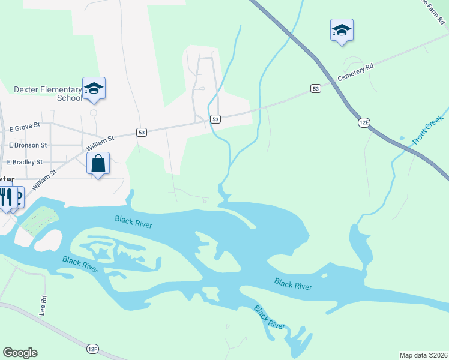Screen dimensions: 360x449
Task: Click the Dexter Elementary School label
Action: pyautogui.click(x=47, y=94)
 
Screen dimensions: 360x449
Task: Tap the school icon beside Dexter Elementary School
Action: pyautogui.click(x=94, y=89)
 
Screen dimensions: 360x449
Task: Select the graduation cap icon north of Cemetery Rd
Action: pyautogui.click(x=342, y=31)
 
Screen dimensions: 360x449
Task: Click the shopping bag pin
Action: pyautogui.click(x=98, y=163)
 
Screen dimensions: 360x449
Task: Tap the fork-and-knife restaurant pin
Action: pyautogui.click(x=6, y=197)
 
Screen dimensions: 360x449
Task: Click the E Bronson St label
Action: pyautogui.click(x=28, y=145)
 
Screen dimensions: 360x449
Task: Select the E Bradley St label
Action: pyautogui.click(x=25, y=162)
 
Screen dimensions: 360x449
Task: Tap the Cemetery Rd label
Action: pyautogui.click(x=355, y=72)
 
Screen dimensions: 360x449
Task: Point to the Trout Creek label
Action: pyautogui.click(x=427, y=130)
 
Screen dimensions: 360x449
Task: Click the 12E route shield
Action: pyautogui.click(x=364, y=122)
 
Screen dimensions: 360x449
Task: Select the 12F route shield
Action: pyautogui.click(x=92, y=348)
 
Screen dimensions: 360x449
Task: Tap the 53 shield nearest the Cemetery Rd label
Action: pyautogui.click(x=316, y=88)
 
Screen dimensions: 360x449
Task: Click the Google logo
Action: pyautogui.click(x=20, y=353)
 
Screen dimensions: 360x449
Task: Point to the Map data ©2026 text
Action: pyautogui.click(x=423, y=355)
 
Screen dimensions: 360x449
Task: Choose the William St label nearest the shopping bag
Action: pyautogui.click(x=100, y=143)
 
